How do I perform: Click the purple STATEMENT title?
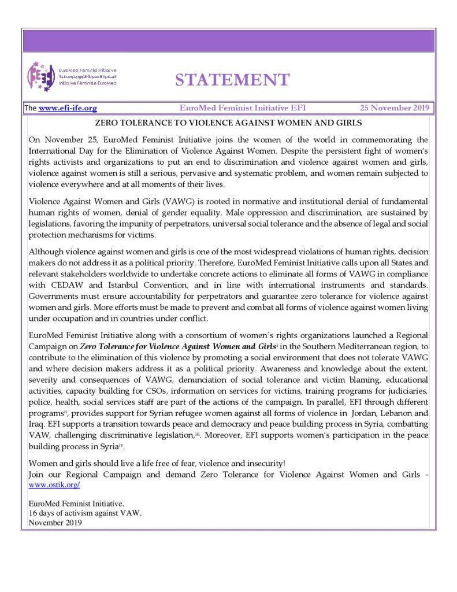(x=232, y=79)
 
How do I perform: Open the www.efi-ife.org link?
(x=68, y=108)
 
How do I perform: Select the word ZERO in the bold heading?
(x=106, y=123)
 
